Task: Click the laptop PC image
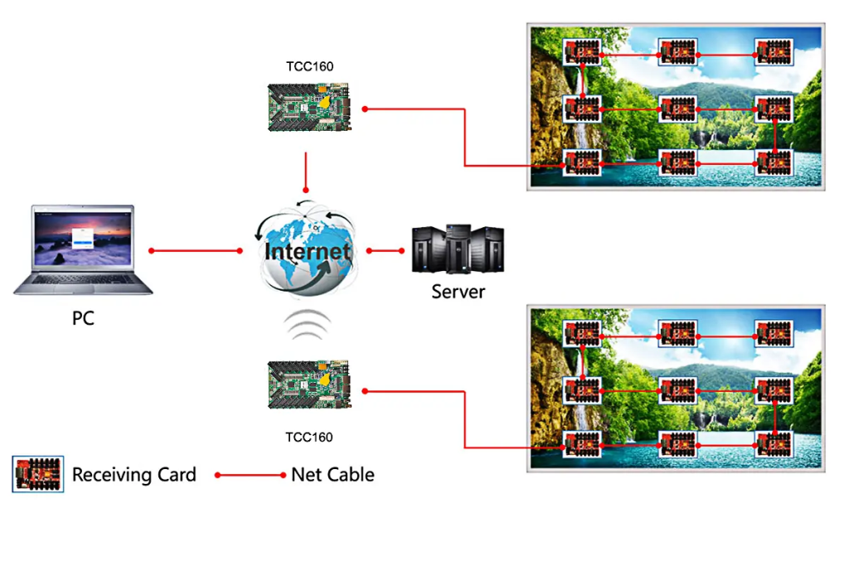[x=83, y=249]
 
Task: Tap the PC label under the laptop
[x=83, y=318]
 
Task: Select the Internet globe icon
[x=307, y=249]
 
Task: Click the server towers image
[x=458, y=249]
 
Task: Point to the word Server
[x=458, y=292]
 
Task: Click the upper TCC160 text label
[x=310, y=66]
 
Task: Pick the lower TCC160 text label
[x=309, y=438]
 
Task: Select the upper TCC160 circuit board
[x=309, y=107]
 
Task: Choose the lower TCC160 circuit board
[x=309, y=385]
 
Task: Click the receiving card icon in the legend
[x=38, y=474]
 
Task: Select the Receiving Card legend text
[x=133, y=475]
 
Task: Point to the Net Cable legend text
[x=332, y=475]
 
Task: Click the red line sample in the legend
[x=250, y=475]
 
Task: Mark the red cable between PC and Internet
[x=196, y=250]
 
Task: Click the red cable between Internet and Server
[x=385, y=250]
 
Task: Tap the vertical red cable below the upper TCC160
[x=306, y=172]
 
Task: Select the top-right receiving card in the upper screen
[x=774, y=52]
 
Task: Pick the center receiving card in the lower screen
[x=678, y=389]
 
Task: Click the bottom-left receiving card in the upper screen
[x=582, y=162]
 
